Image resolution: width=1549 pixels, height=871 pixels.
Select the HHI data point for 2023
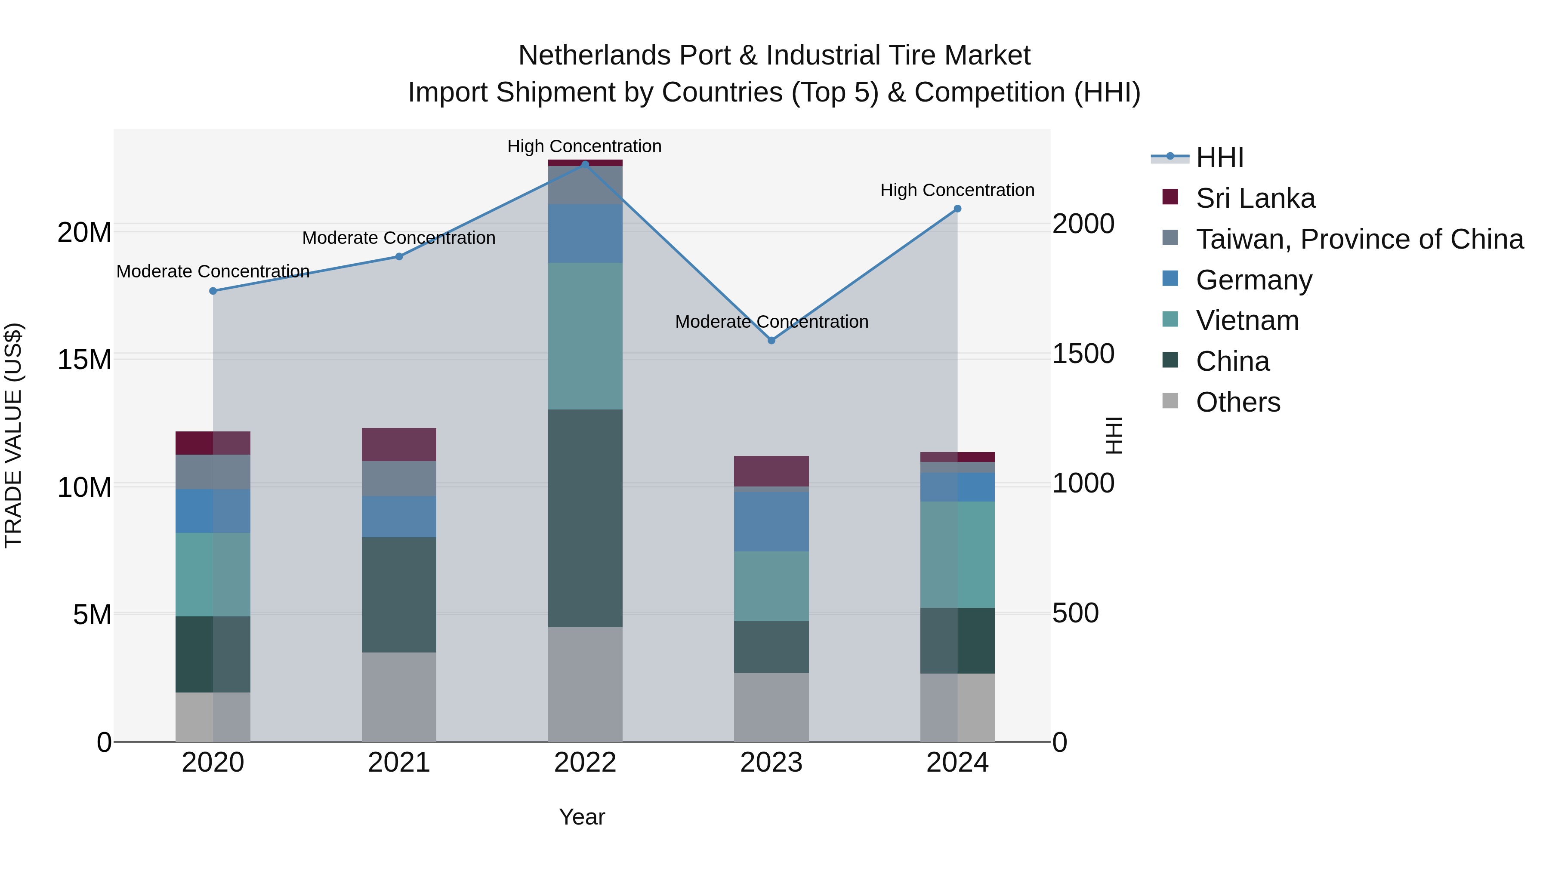pyautogui.click(x=771, y=340)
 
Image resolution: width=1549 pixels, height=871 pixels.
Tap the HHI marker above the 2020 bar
pyautogui.click(x=213, y=291)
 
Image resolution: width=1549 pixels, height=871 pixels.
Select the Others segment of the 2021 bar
pyautogui.click(x=399, y=697)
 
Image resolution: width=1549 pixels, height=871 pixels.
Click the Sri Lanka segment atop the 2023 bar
pyautogui.click(x=771, y=471)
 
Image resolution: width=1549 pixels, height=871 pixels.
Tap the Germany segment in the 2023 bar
pyautogui.click(x=771, y=522)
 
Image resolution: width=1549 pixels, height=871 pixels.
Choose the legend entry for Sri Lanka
pyautogui.click(x=1255, y=198)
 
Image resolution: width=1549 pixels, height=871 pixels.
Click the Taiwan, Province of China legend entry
pyautogui.click(x=1359, y=239)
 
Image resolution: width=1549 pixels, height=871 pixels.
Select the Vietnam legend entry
pyautogui.click(x=1247, y=320)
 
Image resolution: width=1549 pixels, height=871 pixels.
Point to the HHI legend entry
pyautogui.click(x=1219, y=157)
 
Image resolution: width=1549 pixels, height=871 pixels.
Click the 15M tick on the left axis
pyautogui.click(x=84, y=360)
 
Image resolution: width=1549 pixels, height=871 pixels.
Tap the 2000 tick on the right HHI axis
pyautogui.click(x=1083, y=224)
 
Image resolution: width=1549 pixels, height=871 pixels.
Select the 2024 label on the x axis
pyautogui.click(x=957, y=763)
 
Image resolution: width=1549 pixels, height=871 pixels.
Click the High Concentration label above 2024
pyautogui.click(x=957, y=190)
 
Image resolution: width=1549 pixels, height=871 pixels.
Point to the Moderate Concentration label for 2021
pyautogui.click(x=399, y=238)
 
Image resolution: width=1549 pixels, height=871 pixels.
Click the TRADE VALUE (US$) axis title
pyautogui.click(x=13, y=435)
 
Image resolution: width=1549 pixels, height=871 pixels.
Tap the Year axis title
pyautogui.click(x=581, y=817)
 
